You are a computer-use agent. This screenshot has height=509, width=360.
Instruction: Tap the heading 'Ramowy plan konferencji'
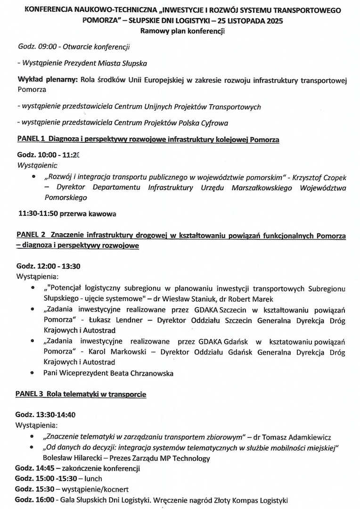pos(180,32)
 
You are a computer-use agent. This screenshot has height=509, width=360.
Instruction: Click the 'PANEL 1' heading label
pos(31,140)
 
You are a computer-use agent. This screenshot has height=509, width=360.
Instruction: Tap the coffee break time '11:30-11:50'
pos(38,213)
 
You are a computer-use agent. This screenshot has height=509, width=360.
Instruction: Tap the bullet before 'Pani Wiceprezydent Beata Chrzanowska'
pos(33,373)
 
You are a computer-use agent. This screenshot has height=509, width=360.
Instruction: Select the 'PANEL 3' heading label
pos(31,394)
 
